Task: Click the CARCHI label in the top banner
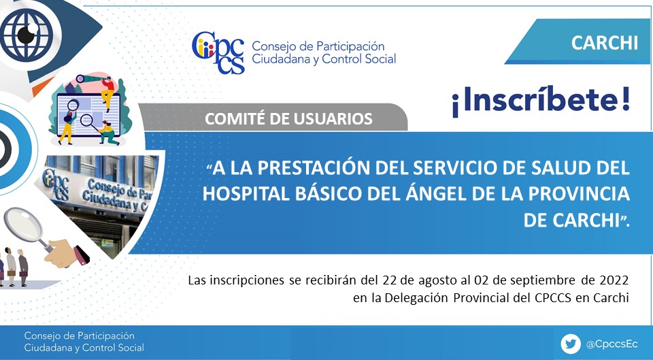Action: tap(604, 42)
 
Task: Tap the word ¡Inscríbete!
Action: tap(541, 101)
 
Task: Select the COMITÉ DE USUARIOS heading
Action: tap(288, 118)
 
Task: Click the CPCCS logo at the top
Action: tap(218, 52)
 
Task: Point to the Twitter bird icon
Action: tap(571, 344)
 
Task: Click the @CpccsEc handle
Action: tap(612, 344)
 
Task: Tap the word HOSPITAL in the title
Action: tap(246, 194)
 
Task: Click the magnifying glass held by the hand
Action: tap(27, 226)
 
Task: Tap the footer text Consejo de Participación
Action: tap(79, 336)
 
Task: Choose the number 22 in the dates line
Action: tap(389, 280)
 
